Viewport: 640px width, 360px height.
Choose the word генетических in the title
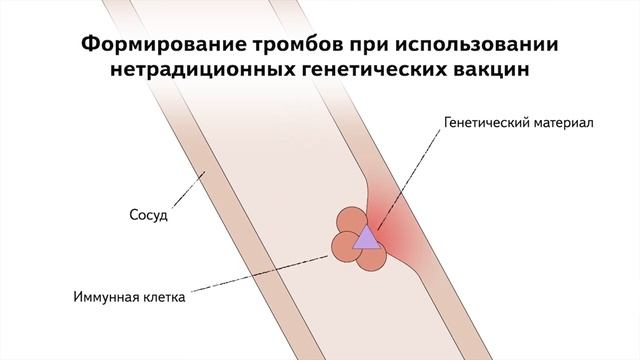pyautogui.click(x=355, y=72)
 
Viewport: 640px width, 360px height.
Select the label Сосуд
pyautogui.click(x=148, y=215)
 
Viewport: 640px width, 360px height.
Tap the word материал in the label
pyautogui.click(x=567, y=126)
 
